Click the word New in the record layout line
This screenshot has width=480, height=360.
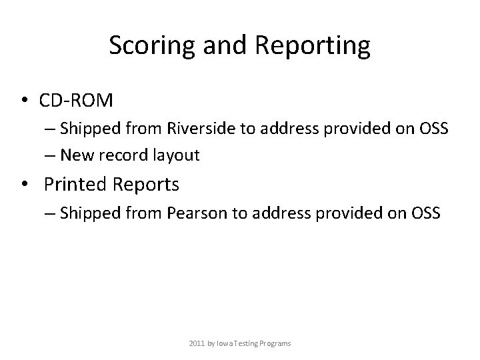pos(74,155)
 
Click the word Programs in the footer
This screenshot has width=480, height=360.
pos(275,343)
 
